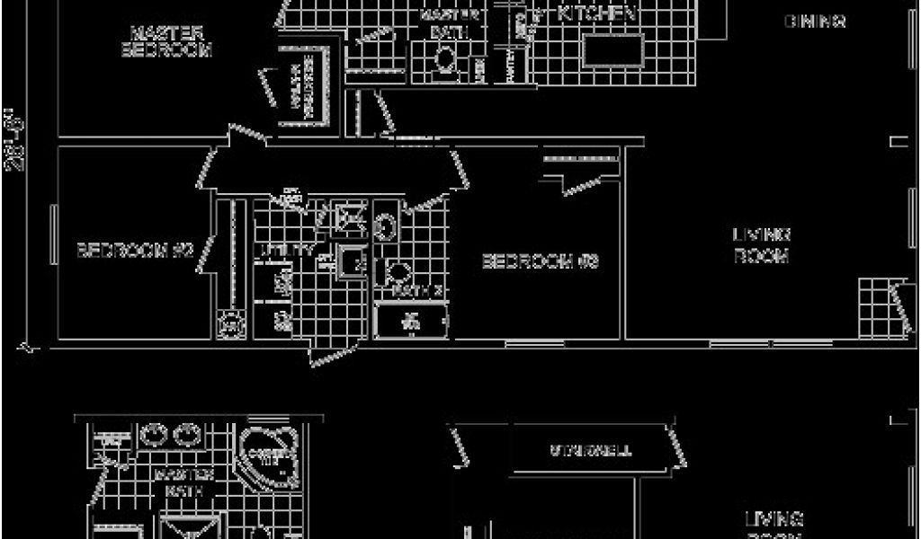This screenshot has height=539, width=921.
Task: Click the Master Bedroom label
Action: tap(165, 41)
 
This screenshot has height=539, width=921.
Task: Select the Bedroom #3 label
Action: tap(541, 261)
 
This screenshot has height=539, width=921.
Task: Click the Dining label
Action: tap(814, 21)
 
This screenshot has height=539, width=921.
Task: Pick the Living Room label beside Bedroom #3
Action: tap(761, 244)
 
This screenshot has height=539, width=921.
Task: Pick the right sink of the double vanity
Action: tap(188, 435)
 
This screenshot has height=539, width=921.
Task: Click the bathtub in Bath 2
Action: tap(411, 321)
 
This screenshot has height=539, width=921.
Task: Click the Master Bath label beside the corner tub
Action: tap(183, 482)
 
